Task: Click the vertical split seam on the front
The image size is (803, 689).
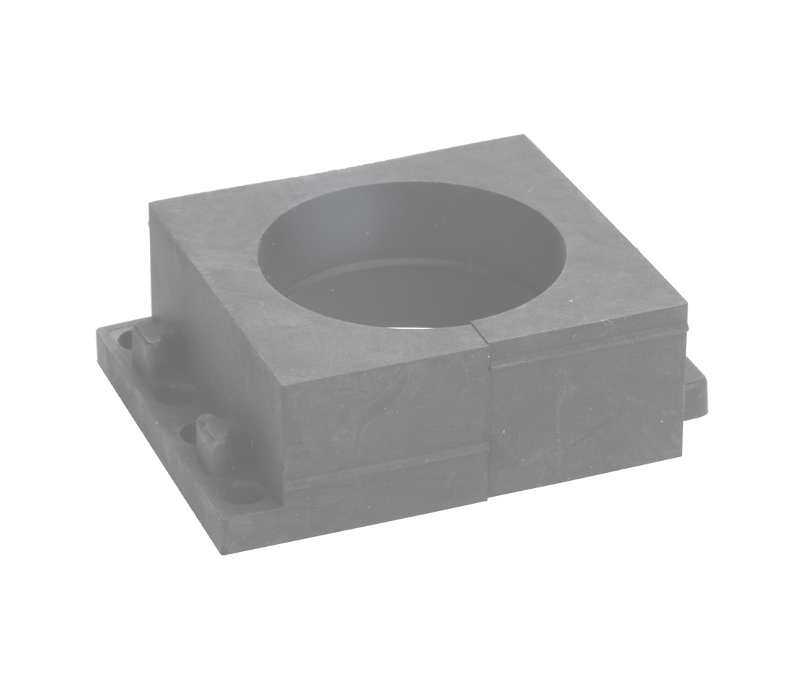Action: pos(490,416)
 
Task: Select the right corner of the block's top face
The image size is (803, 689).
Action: pos(686,306)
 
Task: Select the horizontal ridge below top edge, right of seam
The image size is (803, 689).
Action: pos(588,351)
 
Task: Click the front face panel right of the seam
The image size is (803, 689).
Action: pos(588,416)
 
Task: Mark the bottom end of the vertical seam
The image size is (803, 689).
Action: pos(489,497)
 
